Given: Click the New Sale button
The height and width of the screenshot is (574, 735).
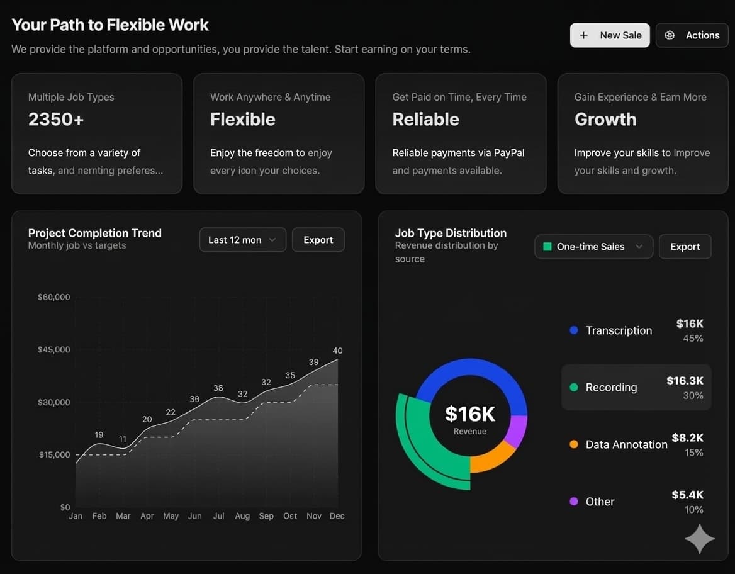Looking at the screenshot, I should tap(610, 35).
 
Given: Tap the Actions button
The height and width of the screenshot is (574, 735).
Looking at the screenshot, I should tap(692, 35).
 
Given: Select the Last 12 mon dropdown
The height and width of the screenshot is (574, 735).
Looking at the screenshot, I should tap(242, 240).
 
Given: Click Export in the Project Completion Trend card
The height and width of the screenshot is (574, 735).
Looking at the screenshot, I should tap(318, 240).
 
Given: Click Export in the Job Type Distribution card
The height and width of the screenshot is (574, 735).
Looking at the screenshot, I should tap(685, 247).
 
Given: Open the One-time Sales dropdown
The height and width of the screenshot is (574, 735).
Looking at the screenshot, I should tap(593, 247).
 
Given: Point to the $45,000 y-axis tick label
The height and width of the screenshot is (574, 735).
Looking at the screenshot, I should tap(54, 349).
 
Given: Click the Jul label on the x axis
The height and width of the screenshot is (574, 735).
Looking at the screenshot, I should tap(218, 515).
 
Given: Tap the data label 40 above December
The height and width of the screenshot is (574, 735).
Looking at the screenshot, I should tap(337, 351).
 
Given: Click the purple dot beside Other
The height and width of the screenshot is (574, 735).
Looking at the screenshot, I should tap(573, 502).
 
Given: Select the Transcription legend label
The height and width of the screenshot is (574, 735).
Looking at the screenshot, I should tap(619, 330).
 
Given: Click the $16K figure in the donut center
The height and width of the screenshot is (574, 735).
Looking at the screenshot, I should tap(470, 414).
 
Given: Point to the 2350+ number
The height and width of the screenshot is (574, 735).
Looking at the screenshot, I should tap(56, 119).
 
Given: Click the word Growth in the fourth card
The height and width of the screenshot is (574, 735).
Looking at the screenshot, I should tap(605, 119).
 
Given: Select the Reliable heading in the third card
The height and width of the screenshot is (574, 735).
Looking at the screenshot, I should tap(425, 119).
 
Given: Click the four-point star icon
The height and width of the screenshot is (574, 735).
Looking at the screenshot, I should tap(700, 538).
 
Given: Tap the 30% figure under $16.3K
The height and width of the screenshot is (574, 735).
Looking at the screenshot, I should tap(693, 395).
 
